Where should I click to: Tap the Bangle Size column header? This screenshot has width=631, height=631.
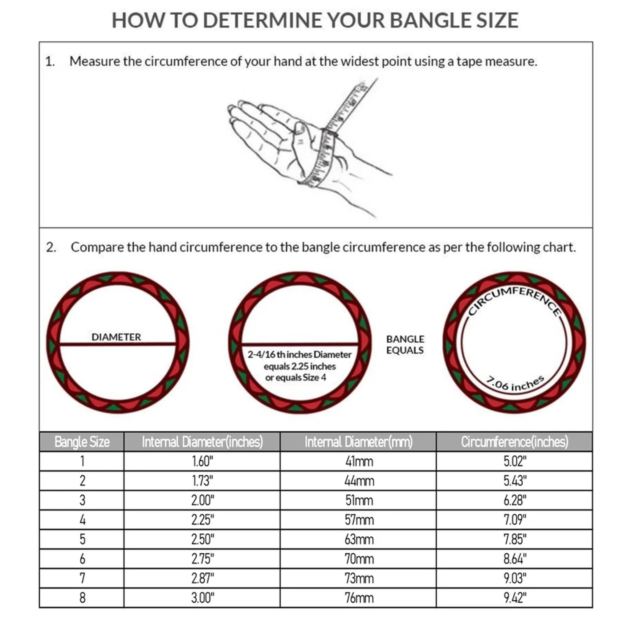(82, 442)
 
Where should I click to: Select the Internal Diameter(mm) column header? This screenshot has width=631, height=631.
(358, 442)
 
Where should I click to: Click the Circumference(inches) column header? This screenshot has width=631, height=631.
(515, 442)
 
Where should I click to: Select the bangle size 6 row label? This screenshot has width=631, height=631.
(82, 559)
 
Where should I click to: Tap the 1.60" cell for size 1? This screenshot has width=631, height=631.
(202, 461)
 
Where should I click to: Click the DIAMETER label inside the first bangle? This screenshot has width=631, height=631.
(116, 337)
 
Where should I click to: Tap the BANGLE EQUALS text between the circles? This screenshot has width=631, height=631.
(405, 344)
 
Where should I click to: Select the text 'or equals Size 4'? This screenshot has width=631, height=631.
(295, 377)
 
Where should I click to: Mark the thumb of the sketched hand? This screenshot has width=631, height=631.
(302, 140)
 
